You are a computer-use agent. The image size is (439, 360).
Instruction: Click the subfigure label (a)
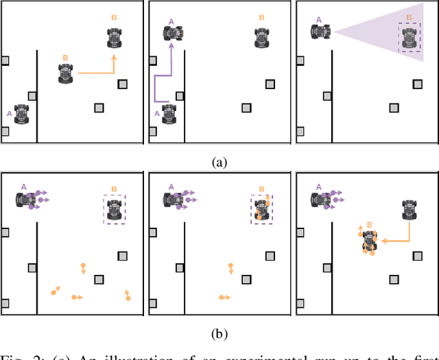coord(219,163)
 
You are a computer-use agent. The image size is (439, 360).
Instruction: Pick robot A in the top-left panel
coord(21,113)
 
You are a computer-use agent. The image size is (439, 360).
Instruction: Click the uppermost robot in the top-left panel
coord(115,37)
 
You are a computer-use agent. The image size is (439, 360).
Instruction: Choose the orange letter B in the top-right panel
coord(410,17)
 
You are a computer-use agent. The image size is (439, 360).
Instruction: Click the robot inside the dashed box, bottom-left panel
coord(114,209)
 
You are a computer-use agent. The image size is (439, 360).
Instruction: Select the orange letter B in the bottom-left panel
coord(114,189)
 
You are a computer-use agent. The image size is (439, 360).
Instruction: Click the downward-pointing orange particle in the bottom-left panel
coord(83,268)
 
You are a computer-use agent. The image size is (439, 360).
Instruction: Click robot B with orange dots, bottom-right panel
coord(369,241)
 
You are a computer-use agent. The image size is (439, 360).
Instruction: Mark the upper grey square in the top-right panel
coord(416,84)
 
